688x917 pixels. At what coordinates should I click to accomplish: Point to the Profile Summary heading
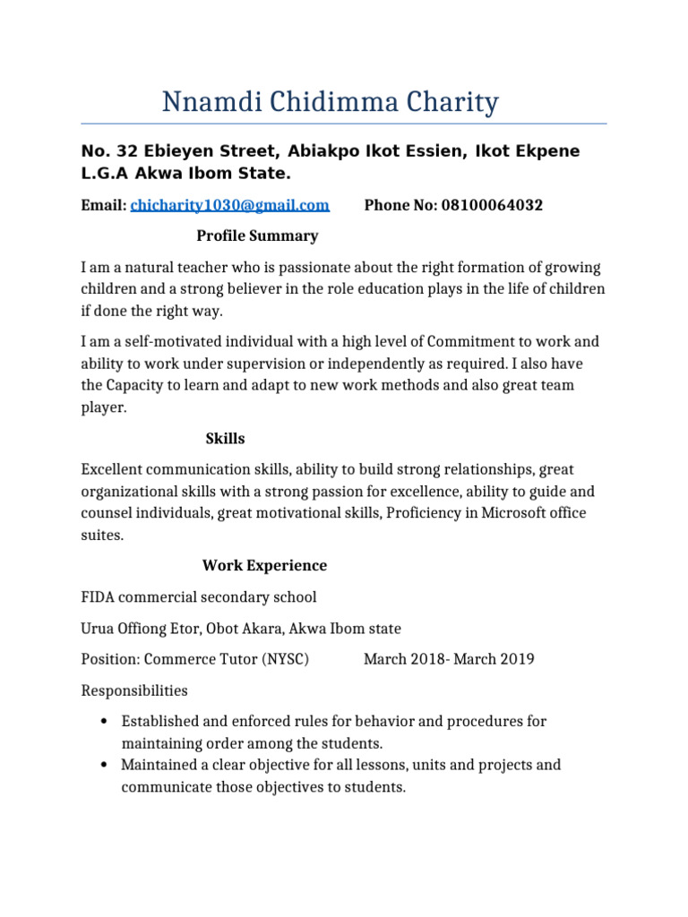click(x=257, y=236)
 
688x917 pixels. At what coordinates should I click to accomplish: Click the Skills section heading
click(x=225, y=439)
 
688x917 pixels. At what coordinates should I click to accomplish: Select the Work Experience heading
click(x=264, y=566)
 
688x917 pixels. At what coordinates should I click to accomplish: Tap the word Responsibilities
click(x=134, y=690)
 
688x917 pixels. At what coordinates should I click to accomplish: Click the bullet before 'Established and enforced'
click(x=104, y=722)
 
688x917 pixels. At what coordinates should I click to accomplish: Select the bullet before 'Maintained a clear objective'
click(x=104, y=766)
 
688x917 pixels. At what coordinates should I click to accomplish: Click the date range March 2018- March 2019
click(x=449, y=659)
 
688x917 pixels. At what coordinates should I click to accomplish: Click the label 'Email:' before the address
click(x=104, y=205)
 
